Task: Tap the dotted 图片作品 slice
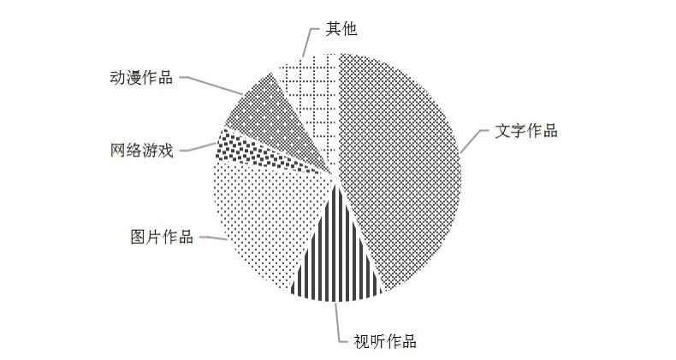tap(267, 215)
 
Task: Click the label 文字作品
tap(526, 131)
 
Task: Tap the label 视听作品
tap(385, 341)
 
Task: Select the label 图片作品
tap(162, 237)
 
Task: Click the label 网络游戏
tap(142, 150)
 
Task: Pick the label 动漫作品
tap(142, 78)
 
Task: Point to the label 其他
tap(341, 29)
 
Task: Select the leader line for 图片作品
tap(212, 238)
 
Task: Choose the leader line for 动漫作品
tap(211, 85)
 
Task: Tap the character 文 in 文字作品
tap(502, 131)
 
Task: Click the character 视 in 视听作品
tap(361, 341)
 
